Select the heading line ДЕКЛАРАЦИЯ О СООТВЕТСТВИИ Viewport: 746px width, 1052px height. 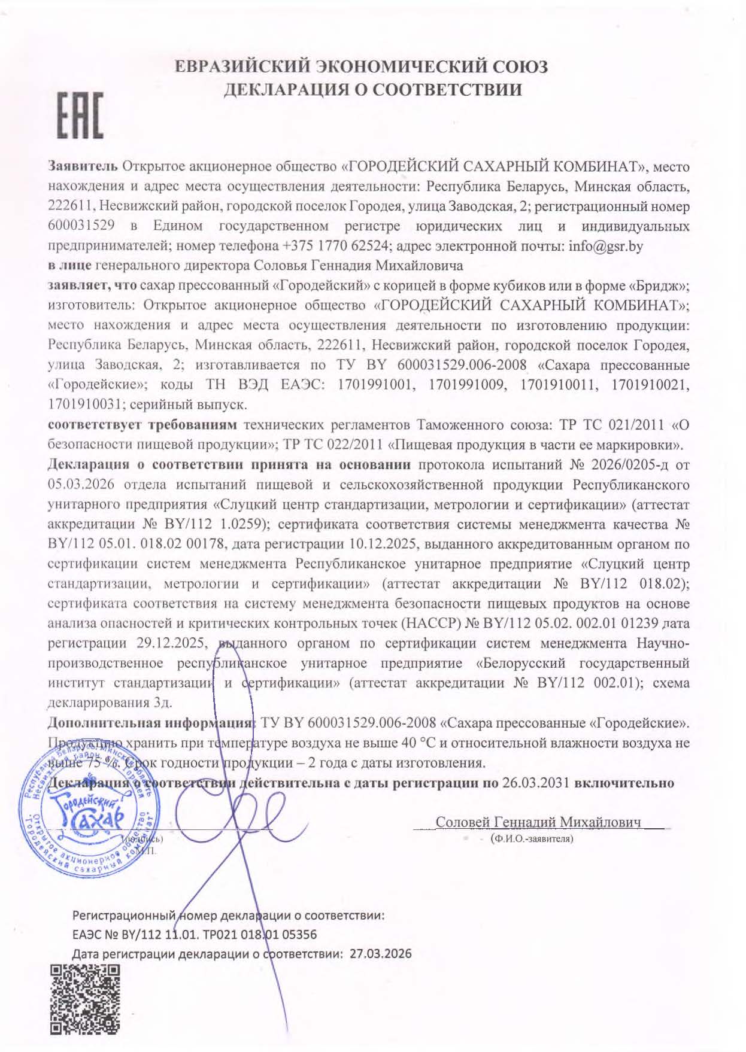click(372, 90)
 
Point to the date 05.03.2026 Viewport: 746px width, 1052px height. click(81, 484)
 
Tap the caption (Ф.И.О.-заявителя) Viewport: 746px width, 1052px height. click(531, 839)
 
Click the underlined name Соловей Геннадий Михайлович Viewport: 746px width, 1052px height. click(538, 822)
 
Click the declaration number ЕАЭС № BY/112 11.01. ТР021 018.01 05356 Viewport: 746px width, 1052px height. click(195, 934)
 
